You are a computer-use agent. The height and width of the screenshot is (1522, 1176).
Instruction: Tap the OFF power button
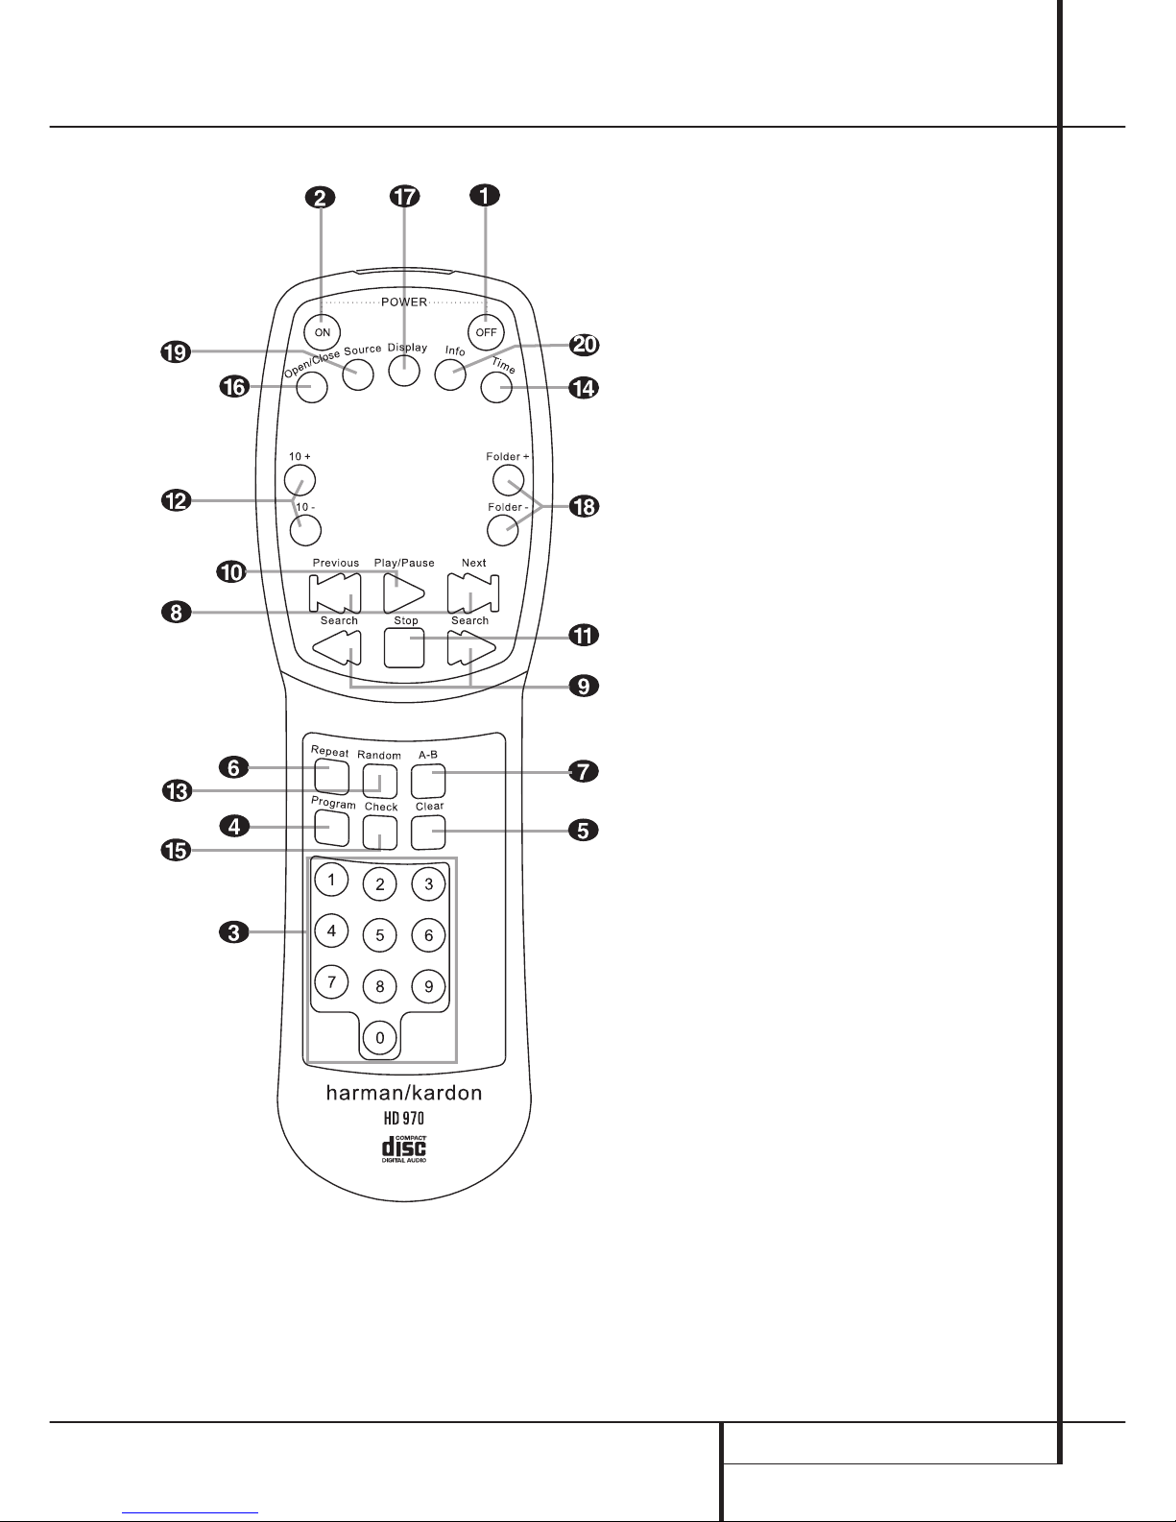coord(486,332)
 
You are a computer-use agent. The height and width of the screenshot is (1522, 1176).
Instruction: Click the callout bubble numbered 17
coord(404,196)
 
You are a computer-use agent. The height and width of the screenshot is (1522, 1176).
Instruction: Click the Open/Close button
coord(311,387)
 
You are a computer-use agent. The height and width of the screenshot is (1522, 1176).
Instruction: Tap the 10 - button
coord(304,526)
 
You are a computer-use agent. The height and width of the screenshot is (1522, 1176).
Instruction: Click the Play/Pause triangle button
coord(402,592)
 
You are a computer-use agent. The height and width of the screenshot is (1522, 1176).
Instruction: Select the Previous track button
coord(335,592)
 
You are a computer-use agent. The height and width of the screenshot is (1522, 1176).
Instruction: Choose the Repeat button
coord(330,774)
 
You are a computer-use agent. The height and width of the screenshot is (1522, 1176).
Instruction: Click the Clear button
coord(428,832)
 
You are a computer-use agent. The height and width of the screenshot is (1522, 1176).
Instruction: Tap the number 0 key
coord(380,1037)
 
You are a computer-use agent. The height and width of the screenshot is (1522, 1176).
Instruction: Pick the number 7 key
coord(331,981)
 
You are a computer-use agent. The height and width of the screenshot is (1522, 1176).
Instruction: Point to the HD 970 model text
coord(404,1118)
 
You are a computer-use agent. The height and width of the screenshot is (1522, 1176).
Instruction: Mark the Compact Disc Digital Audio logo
coord(404,1148)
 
